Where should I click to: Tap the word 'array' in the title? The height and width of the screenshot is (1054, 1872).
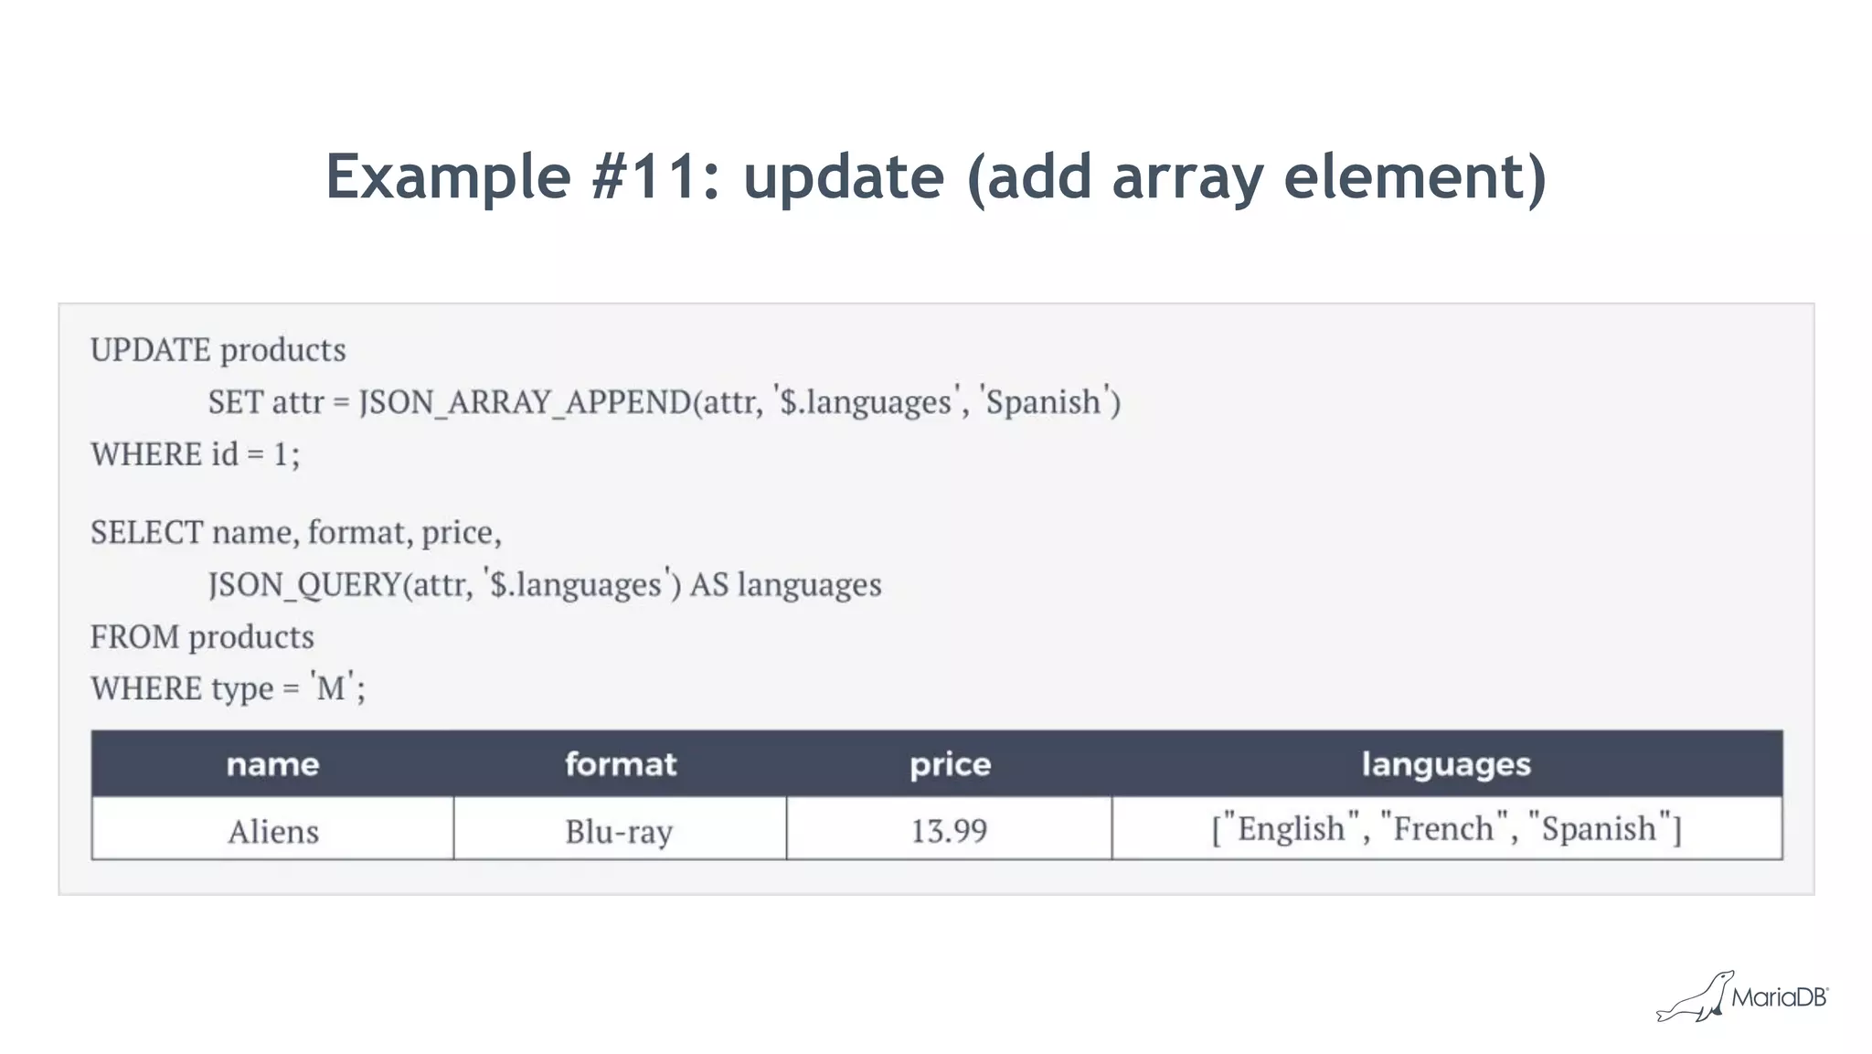[1186, 178]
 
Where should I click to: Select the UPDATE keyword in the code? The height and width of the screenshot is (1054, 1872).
[151, 350]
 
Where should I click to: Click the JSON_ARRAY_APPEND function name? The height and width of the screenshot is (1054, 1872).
[525, 402]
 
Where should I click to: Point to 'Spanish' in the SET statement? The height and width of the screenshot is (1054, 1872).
[1042, 402]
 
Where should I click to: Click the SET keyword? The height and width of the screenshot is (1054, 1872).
[235, 402]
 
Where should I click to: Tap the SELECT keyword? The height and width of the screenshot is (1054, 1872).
[146, 532]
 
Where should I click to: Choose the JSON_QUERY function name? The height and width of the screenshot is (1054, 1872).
[304, 584]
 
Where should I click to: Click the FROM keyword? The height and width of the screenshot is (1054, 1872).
[134, 636]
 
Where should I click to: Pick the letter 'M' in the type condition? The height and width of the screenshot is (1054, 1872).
[330, 687]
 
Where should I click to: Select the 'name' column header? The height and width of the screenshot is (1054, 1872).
[272, 763]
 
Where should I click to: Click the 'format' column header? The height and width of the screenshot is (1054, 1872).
[621, 763]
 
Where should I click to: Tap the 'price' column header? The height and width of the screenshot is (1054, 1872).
[950, 763]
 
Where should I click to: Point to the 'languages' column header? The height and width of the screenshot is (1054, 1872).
[1446, 763]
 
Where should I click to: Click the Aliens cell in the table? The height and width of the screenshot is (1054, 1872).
[273, 831]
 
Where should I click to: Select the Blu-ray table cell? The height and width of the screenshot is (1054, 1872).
[619, 831]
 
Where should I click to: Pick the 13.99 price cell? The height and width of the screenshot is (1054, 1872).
[949, 830]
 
